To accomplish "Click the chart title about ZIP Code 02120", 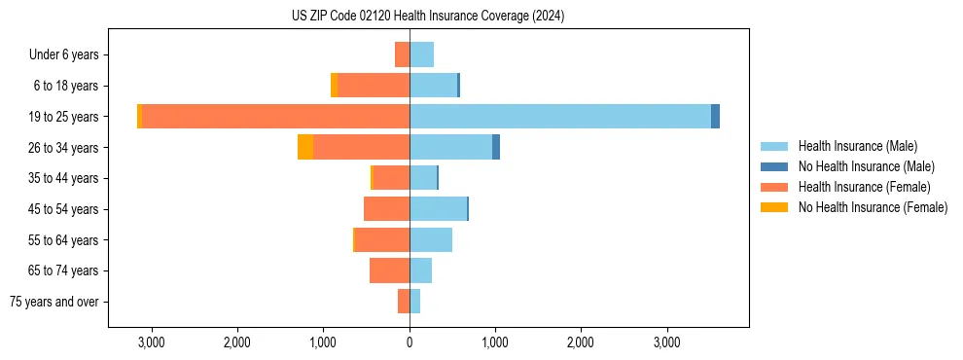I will coord(428,17).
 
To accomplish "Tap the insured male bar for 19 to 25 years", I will coord(560,117).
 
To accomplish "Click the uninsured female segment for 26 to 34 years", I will coord(305,147).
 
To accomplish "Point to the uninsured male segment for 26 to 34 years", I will coord(496,147).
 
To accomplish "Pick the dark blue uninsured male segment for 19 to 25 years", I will coord(716,117).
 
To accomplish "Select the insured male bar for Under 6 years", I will coord(421,54).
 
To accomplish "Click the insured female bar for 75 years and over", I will coord(404,301).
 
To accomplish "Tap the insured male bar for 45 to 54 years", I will coord(438,208).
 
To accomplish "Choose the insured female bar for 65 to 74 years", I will coord(389,270).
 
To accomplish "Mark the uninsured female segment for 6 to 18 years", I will coord(335,86).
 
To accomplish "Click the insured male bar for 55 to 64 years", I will coord(431,239).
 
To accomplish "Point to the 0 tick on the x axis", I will coord(410,342).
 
